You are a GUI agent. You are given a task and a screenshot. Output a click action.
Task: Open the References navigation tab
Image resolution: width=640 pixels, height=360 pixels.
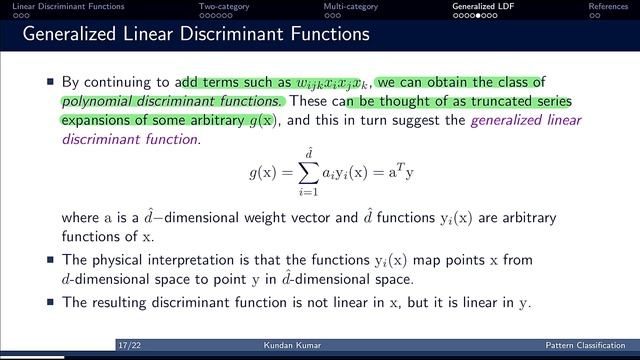(607, 6)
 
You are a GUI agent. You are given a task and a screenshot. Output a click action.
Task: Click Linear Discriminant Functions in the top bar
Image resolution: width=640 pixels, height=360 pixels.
(68, 6)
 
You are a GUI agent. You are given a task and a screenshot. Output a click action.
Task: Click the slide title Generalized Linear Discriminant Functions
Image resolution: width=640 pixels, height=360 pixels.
(196, 36)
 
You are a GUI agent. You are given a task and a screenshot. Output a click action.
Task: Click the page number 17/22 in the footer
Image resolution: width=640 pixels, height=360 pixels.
(128, 345)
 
